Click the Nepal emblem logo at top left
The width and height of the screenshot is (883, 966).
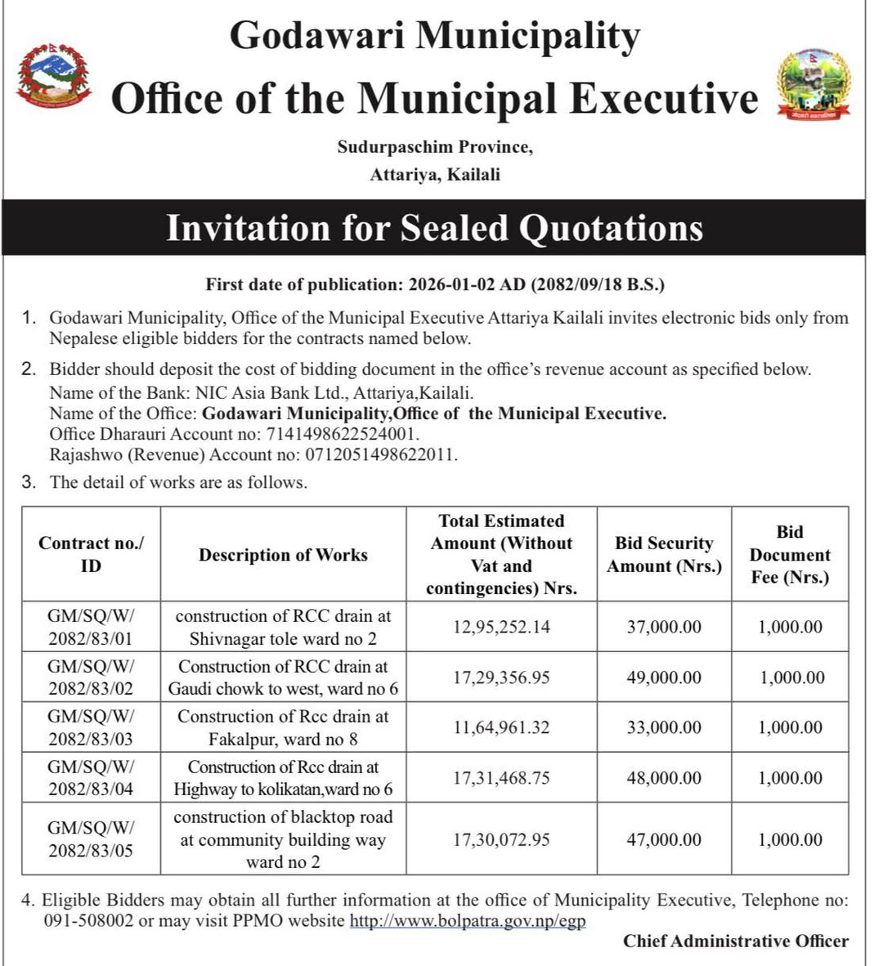(x=53, y=76)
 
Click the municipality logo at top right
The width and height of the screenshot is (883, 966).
(x=814, y=85)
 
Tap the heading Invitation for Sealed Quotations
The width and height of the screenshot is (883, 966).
(x=434, y=228)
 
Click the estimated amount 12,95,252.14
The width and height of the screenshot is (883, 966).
(x=502, y=627)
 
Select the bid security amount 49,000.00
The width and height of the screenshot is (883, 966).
(x=664, y=678)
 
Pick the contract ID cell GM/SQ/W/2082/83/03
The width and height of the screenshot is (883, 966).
(x=91, y=727)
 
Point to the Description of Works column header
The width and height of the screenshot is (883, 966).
(x=283, y=555)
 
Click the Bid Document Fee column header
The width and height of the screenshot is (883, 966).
(x=790, y=555)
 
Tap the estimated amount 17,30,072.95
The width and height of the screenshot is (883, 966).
(x=502, y=839)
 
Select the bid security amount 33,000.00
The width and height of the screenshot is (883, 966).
(x=664, y=727)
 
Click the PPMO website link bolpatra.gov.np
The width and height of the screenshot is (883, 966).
(x=468, y=921)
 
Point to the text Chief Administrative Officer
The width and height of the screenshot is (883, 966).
(x=736, y=941)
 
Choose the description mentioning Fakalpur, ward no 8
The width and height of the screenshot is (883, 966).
(x=283, y=727)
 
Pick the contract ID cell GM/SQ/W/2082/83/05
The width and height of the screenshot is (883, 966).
(x=91, y=839)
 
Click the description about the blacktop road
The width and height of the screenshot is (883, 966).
(x=283, y=839)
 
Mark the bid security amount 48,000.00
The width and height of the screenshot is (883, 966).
(x=664, y=778)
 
